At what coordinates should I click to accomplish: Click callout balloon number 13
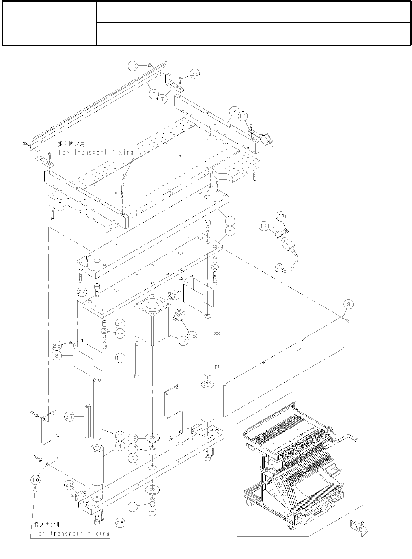(x=132, y=66)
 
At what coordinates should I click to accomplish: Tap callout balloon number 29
(x=195, y=73)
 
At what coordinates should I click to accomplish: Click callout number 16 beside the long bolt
(x=120, y=358)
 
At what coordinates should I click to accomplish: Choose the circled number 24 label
(x=82, y=292)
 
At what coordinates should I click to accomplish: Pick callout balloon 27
(x=69, y=417)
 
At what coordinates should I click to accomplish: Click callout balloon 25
(x=120, y=523)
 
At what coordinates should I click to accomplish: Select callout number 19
(x=132, y=507)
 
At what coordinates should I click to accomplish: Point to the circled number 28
(x=281, y=216)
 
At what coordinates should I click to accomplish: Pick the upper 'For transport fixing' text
(x=96, y=152)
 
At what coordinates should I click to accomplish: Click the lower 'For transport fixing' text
(x=72, y=534)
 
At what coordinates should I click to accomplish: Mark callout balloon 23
(x=57, y=345)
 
